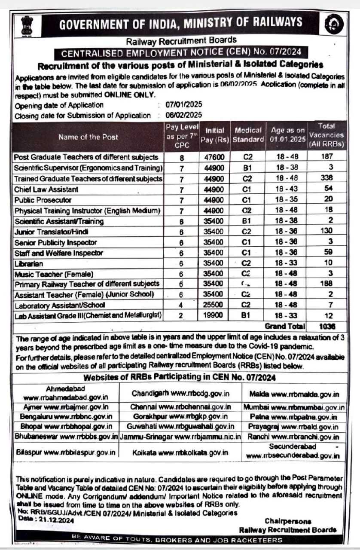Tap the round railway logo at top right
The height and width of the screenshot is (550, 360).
tap(334, 25)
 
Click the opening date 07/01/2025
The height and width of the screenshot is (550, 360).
tap(184, 104)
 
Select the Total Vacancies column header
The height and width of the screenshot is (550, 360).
tap(326, 135)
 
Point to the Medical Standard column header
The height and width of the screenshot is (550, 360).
tap(248, 134)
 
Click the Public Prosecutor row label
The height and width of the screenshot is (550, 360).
tap(43, 200)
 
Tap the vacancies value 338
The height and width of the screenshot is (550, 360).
tap(327, 178)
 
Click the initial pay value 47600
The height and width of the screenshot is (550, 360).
tap(214, 157)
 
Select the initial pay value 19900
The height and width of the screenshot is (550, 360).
tap(214, 315)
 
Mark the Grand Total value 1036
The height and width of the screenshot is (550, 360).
tap(327, 326)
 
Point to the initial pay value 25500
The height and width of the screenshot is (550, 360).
tap(214, 305)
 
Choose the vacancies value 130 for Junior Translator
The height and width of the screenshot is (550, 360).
tap(327, 231)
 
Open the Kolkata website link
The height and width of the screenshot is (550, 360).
tap(180, 452)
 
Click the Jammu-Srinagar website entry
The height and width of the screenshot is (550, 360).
tap(182, 437)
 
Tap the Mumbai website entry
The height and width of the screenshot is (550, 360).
tap(294, 406)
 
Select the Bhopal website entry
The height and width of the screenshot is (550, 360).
tap(66, 426)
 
